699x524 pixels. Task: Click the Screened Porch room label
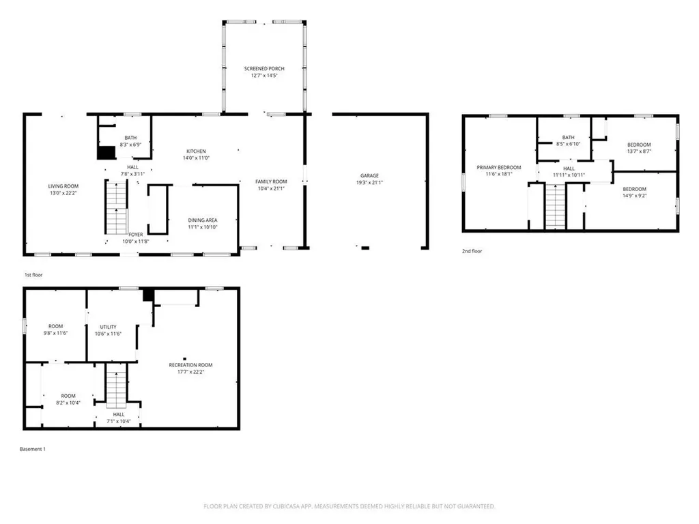coord(264,69)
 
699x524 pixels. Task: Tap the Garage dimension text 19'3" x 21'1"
coord(369,182)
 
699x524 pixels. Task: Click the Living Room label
coord(63,186)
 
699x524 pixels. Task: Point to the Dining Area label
coord(203,220)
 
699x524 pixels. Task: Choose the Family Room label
coord(271,181)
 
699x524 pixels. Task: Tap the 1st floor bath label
coord(130,138)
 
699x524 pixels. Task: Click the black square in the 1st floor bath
coord(106,153)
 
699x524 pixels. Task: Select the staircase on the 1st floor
coord(117,209)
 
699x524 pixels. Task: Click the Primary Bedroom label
coord(498,167)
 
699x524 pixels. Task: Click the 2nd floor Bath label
coord(568,138)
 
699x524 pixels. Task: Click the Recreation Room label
coord(191,365)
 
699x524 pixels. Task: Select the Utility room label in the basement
coord(109,327)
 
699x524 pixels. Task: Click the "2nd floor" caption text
coord(472,251)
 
